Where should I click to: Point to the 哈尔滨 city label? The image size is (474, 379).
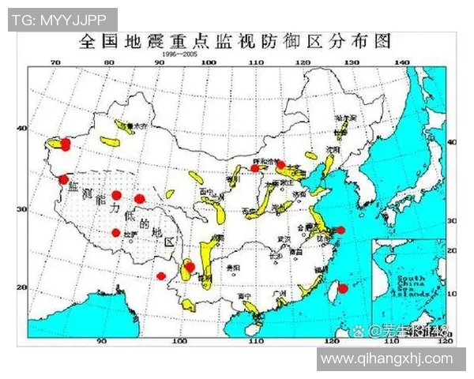coord(345,118)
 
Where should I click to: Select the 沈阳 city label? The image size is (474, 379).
coord(332,148)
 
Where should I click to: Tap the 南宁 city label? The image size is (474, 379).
coord(243,296)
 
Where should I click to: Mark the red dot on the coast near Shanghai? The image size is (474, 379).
coord(340,231)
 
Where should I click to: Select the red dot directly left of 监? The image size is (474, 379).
coord(63,179)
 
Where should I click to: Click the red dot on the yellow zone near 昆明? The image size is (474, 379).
coord(190,267)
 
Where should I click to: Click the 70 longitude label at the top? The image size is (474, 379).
coord(55,62)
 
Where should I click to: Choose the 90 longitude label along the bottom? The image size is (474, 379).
coord(101,341)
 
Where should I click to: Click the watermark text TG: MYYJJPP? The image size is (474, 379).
coord(62,19)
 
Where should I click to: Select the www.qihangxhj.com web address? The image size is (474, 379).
coord(387,359)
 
